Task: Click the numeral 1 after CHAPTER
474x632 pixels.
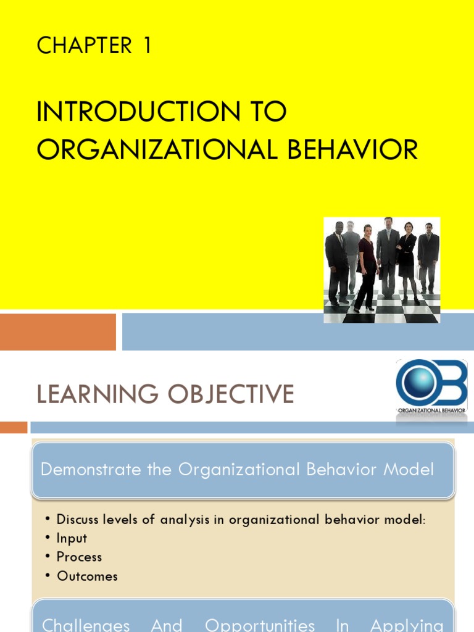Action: pos(147,46)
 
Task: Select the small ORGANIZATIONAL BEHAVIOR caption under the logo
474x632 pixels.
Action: pos(431,410)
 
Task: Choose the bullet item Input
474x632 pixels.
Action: pos(72,538)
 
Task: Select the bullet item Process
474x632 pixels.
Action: pos(79,557)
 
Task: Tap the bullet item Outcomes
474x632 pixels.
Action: pos(87,576)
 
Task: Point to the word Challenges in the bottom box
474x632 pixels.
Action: pos(86,625)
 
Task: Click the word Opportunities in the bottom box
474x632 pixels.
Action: pos(260,625)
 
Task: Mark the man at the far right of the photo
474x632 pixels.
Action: pos(428,256)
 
